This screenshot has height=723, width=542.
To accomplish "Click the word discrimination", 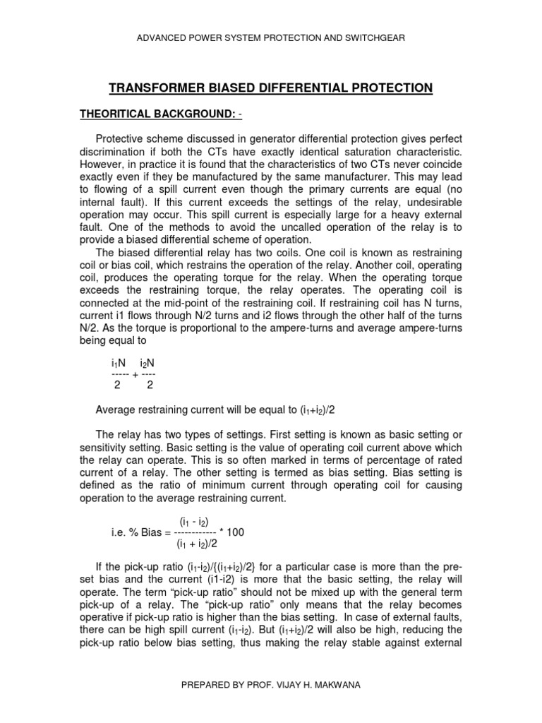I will (106, 153).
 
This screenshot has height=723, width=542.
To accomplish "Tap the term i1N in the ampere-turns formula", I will (119, 362).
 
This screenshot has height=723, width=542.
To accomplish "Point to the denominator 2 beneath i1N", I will (118, 386).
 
